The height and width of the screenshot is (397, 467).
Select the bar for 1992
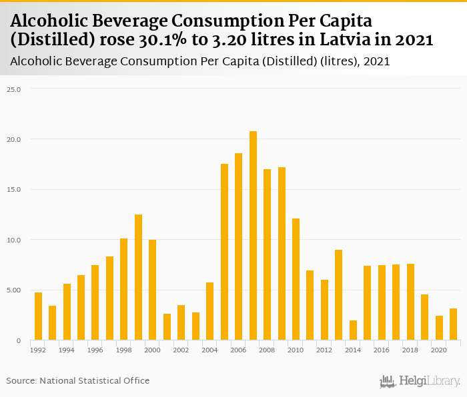click(38, 316)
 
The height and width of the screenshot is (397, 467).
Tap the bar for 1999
click(138, 277)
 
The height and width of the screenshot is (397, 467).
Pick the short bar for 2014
click(353, 330)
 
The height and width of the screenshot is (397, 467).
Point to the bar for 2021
click(453, 324)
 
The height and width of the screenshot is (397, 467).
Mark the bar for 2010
click(296, 279)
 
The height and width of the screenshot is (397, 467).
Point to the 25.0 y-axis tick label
click(14, 89)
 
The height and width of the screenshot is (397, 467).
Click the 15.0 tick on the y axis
click(14, 189)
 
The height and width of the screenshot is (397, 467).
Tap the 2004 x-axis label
click(209, 349)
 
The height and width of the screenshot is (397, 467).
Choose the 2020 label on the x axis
click(438, 349)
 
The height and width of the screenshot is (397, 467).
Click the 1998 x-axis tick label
click(124, 349)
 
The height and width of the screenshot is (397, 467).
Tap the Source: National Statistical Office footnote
click(78, 380)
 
